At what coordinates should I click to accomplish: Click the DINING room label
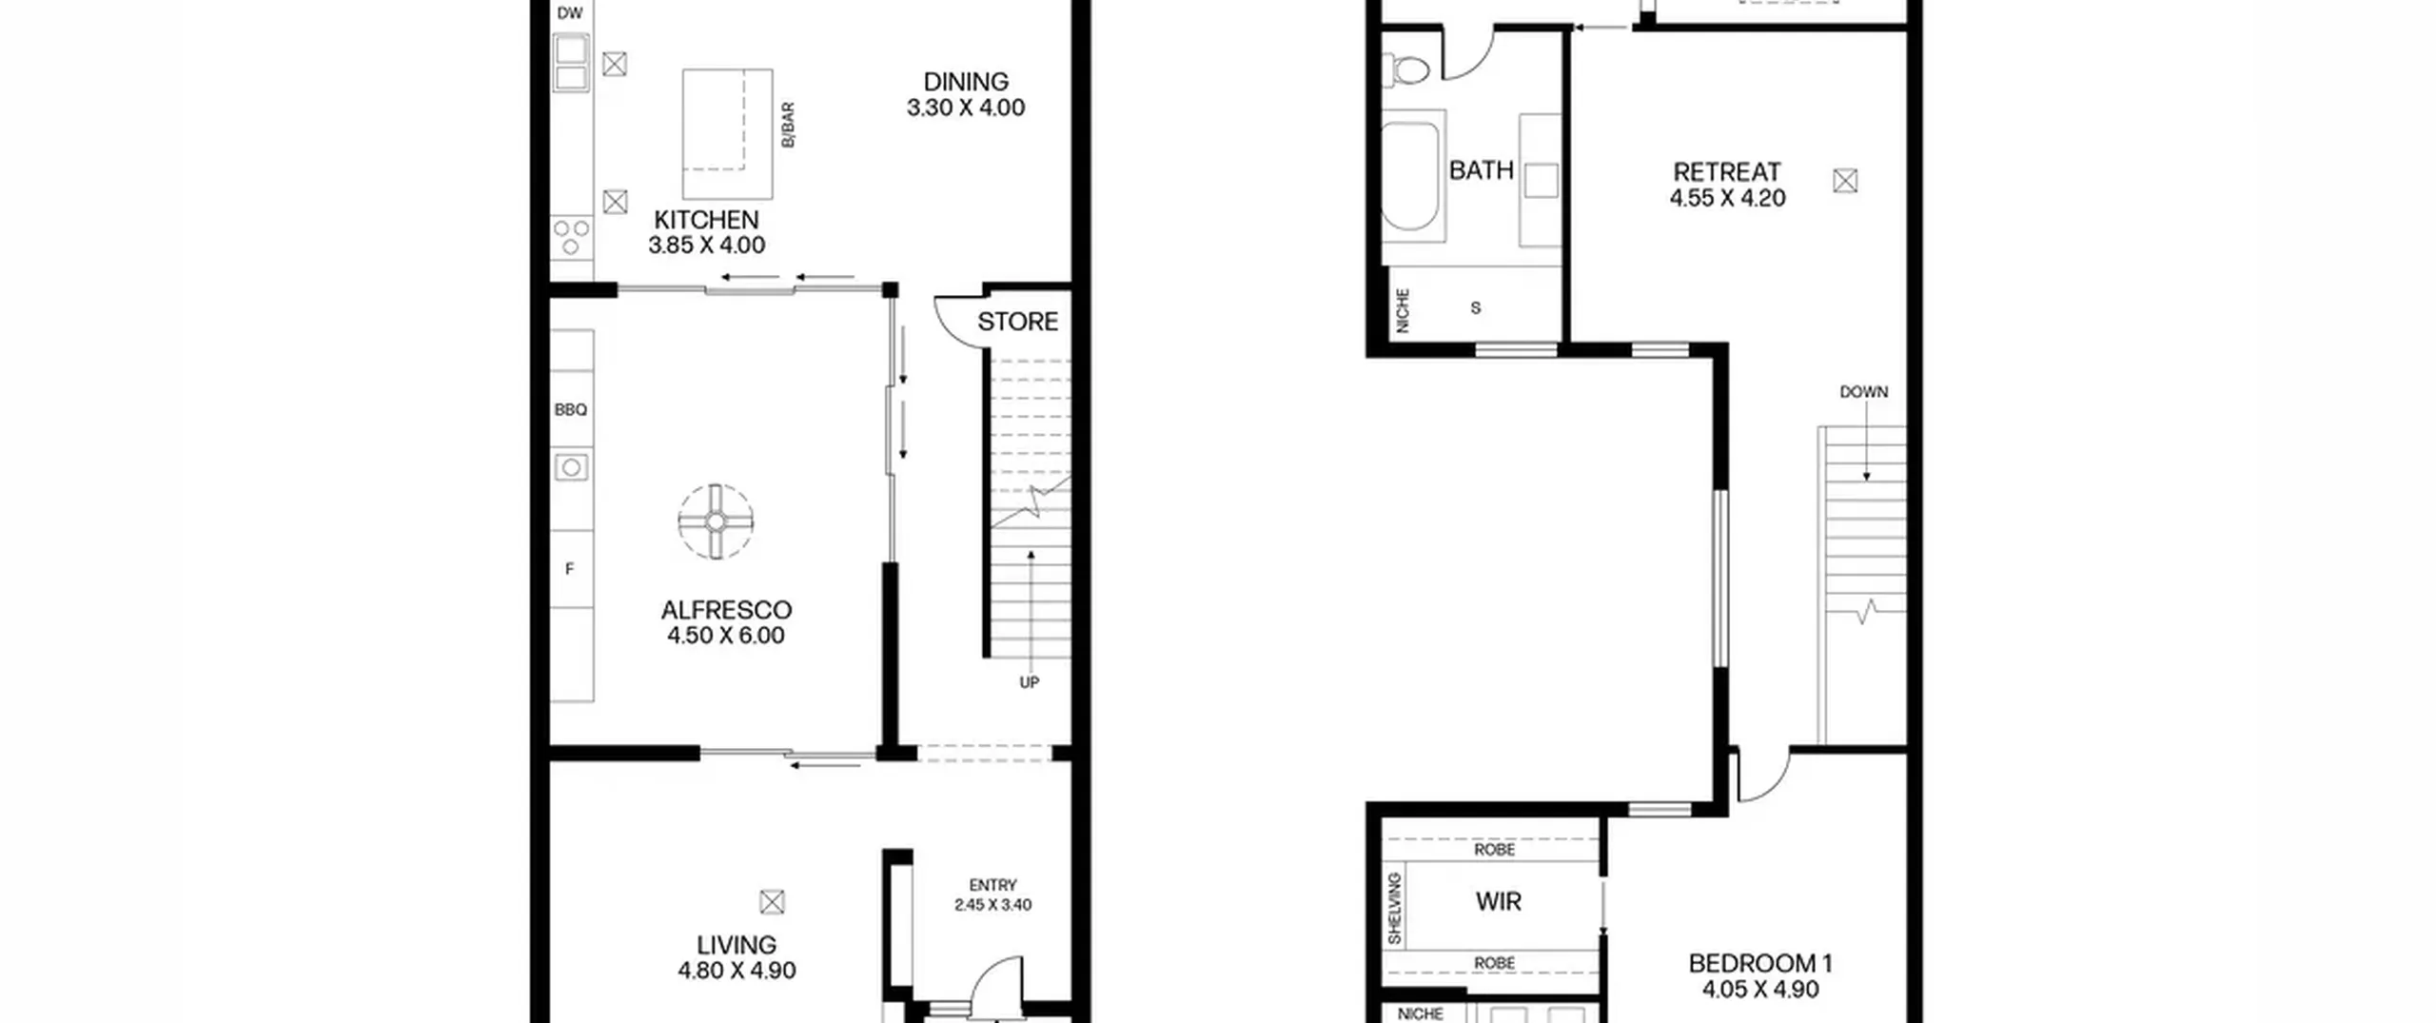tap(966, 82)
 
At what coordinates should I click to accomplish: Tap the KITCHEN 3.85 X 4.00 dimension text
tap(706, 246)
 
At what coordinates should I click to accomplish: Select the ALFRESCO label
tap(726, 610)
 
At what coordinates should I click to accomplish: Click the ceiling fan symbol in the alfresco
tap(716, 521)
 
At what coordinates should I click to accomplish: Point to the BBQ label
tap(571, 410)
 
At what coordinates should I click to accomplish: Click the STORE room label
tap(1017, 322)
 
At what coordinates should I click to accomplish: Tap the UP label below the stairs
tap(1029, 682)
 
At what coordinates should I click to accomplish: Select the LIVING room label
tap(737, 945)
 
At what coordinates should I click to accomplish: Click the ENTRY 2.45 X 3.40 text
tap(992, 895)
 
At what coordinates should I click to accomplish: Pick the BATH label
tap(1481, 170)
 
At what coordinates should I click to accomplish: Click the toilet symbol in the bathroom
tap(1407, 69)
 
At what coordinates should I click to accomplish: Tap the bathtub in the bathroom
tap(1410, 176)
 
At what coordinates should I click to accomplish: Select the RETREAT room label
tap(1726, 172)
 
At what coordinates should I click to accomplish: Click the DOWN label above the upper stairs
tap(1863, 392)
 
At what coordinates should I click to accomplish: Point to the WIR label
tap(1499, 901)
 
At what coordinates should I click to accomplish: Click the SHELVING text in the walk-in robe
tap(1395, 909)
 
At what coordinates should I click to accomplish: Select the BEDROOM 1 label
tap(1760, 963)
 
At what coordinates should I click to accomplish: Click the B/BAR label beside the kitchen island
tap(788, 125)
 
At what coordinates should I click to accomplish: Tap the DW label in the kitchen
tap(570, 13)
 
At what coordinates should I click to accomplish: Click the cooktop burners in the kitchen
tap(571, 237)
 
